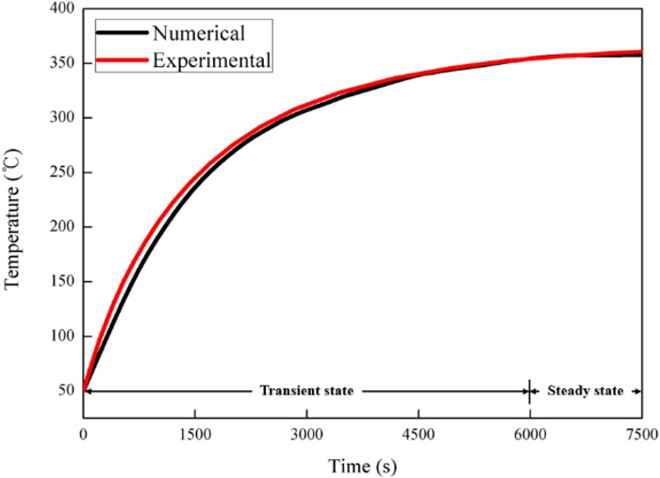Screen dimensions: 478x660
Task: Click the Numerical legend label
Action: pyautogui.click(x=199, y=34)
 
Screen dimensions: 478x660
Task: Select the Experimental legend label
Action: pyautogui.click(x=212, y=60)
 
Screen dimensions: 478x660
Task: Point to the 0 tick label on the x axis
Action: pyautogui.click(x=84, y=435)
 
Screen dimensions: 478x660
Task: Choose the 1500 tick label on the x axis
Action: pyautogui.click(x=195, y=435)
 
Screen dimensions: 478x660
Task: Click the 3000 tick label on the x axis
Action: pyautogui.click(x=306, y=435)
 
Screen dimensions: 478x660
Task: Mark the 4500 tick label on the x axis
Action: pyautogui.click(x=418, y=435)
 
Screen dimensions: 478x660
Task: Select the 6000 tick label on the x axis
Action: pyautogui.click(x=530, y=435)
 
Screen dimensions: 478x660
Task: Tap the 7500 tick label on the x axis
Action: pyautogui.click(x=640, y=435)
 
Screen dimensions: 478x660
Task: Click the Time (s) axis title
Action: pyautogui.click(x=362, y=466)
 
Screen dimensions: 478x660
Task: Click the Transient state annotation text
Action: pyautogui.click(x=306, y=390)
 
